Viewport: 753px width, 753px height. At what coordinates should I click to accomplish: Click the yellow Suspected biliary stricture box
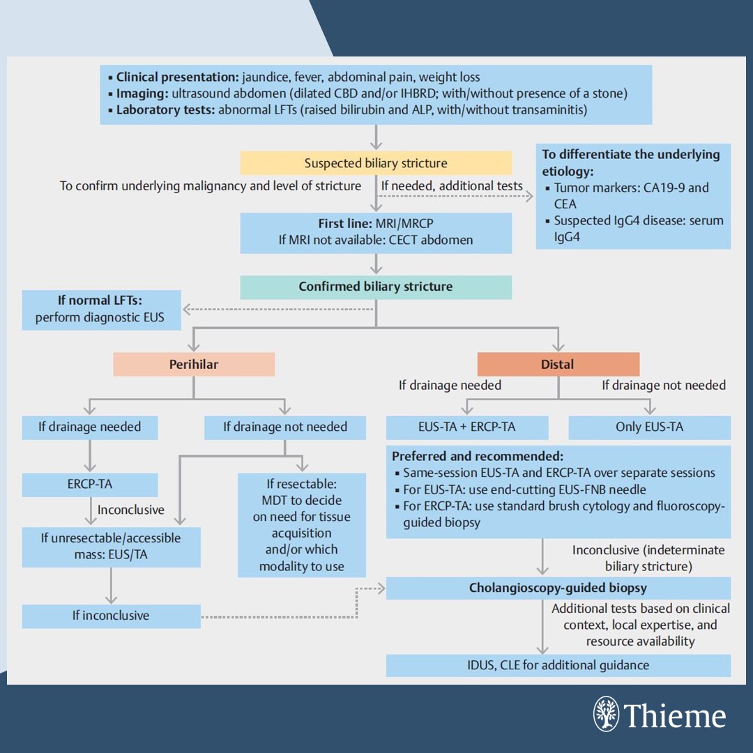376,163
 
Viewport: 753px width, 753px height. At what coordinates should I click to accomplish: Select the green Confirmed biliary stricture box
376,287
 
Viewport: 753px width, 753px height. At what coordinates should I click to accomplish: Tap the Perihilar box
194,364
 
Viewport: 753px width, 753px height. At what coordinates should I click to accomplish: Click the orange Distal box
558,364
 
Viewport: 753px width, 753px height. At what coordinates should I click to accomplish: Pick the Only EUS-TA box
649,427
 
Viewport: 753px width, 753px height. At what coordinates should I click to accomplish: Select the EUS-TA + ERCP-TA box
467,427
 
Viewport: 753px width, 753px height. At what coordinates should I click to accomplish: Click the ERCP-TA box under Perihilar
90,485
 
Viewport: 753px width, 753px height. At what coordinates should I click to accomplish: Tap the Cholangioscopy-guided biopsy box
558,588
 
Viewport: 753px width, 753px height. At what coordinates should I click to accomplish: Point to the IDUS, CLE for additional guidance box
558,664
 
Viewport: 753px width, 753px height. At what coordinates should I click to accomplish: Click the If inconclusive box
111,616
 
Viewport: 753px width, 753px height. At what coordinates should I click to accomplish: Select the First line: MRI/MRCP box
376,232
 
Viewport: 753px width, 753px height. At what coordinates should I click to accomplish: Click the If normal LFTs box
101,310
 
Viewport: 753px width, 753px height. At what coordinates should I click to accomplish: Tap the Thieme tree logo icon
605,714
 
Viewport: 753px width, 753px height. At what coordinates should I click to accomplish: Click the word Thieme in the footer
675,716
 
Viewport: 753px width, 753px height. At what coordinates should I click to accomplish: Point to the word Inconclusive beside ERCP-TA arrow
131,510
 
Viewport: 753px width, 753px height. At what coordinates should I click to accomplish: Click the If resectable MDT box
301,524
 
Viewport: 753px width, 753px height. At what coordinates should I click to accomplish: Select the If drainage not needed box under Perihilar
284,427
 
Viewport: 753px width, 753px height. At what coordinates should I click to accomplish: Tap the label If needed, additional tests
452,185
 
